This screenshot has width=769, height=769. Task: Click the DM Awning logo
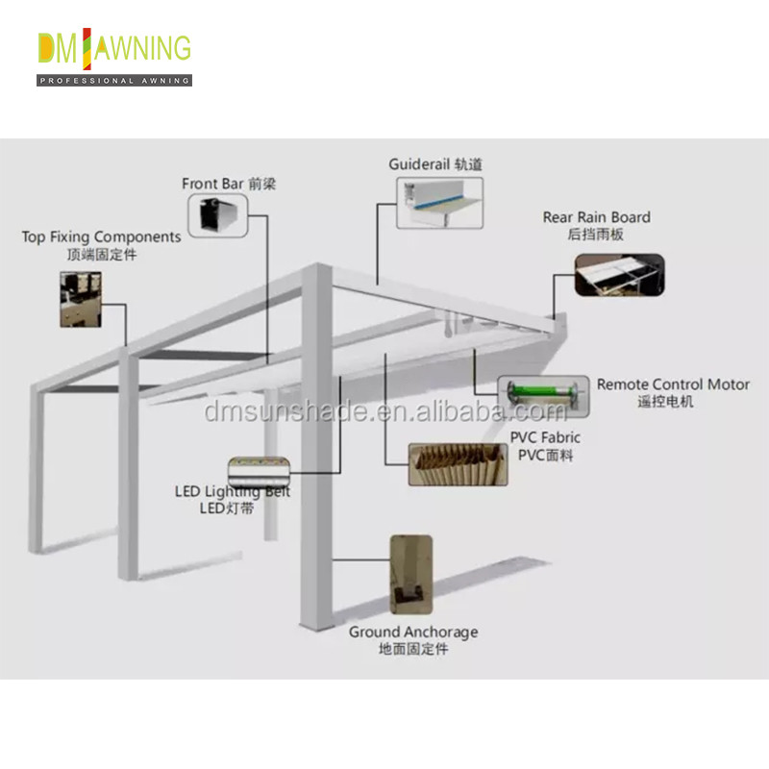[114, 57]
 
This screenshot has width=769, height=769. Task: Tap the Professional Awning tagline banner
[114, 81]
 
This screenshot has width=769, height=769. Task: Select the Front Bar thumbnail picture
[218, 215]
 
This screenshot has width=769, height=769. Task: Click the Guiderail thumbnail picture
[439, 203]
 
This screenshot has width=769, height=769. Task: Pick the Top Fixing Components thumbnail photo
[81, 299]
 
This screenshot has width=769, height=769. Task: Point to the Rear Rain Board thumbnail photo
[619, 275]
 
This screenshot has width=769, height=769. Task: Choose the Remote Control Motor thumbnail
[543, 396]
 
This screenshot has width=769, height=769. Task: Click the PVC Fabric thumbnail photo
[459, 464]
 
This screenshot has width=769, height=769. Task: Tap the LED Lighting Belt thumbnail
[259, 471]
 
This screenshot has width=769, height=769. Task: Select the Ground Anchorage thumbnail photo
[411, 574]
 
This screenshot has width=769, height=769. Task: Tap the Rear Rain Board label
[596, 226]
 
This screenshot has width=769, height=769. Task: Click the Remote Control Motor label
[673, 392]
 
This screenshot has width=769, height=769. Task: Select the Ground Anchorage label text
[413, 640]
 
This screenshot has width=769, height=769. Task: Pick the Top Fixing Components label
[102, 245]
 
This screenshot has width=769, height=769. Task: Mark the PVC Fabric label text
[545, 446]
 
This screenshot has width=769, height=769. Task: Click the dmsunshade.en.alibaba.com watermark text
[385, 411]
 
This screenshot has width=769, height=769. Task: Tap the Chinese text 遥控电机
[665, 402]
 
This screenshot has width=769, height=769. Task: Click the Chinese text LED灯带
[227, 509]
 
